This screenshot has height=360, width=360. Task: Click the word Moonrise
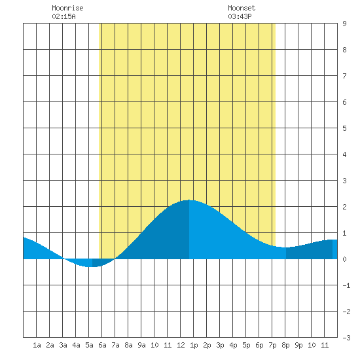(67, 8)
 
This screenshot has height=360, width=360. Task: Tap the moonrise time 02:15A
(63, 16)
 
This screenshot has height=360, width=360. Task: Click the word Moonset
(242, 8)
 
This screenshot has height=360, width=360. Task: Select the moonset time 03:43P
(240, 16)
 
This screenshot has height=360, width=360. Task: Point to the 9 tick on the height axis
(344, 24)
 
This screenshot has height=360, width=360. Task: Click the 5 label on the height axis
(344, 128)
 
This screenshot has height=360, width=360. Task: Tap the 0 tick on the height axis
(344, 259)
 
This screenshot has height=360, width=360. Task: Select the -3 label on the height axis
(346, 338)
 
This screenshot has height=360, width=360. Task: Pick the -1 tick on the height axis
(346, 285)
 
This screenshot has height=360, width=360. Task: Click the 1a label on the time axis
(37, 345)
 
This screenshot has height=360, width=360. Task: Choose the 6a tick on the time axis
(102, 345)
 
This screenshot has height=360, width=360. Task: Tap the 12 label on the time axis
(181, 345)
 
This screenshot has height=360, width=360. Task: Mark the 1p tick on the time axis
(194, 345)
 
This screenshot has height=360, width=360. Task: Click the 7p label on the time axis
(272, 345)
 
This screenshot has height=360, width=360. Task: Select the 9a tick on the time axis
(141, 345)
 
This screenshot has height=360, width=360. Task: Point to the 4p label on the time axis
(233, 345)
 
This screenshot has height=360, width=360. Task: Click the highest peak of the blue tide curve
(189, 200)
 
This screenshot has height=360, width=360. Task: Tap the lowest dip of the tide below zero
(90, 267)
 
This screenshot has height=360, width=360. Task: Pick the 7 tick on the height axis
(344, 76)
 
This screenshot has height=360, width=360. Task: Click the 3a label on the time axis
(63, 345)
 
